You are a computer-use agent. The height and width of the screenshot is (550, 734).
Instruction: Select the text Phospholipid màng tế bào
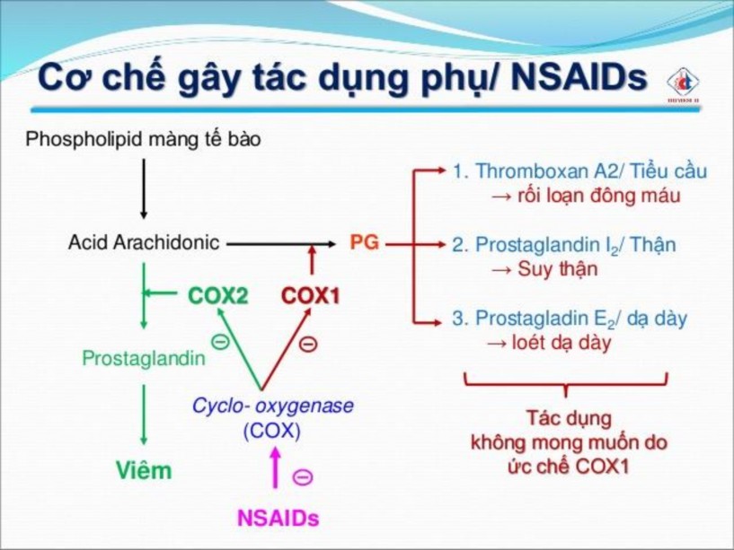point(144,140)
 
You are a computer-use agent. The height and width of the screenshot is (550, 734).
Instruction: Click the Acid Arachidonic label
point(144,242)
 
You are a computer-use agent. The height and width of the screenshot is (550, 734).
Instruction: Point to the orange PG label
point(364,242)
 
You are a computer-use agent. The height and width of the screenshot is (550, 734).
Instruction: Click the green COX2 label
point(217,294)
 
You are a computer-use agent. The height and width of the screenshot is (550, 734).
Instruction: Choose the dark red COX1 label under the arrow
point(311,295)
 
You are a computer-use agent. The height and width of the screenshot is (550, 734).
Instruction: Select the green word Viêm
point(143,470)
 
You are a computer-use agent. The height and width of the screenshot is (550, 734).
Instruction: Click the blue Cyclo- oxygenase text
point(272,405)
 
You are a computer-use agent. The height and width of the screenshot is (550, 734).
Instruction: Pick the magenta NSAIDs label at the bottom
point(278,519)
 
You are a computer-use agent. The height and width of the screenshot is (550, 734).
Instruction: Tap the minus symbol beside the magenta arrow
point(304,477)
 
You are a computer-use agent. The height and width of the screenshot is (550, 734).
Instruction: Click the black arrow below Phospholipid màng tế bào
point(143,188)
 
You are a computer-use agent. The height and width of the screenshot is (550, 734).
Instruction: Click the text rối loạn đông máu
point(597,196)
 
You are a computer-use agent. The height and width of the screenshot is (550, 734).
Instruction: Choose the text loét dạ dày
point(560,343)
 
